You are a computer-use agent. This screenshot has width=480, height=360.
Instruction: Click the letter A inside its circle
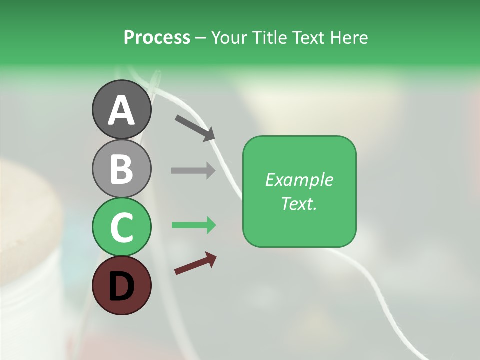coord(121,111)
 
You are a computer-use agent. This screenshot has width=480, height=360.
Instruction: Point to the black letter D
coord(121,287)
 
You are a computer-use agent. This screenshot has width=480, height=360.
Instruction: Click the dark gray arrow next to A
coord(194,127)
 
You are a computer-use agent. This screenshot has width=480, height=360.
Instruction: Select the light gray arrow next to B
coord(193,170)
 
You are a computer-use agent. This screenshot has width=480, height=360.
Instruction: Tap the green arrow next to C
coord(193,225)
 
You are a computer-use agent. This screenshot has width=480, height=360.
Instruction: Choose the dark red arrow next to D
coord(195,263)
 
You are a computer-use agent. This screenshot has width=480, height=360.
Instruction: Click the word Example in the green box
coord(299,180)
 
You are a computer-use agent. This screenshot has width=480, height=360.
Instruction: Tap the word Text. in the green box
coord(299,203)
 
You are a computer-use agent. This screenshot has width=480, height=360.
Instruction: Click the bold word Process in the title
coord(157,37)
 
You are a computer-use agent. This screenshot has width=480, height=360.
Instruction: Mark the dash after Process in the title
coord(201,38)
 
